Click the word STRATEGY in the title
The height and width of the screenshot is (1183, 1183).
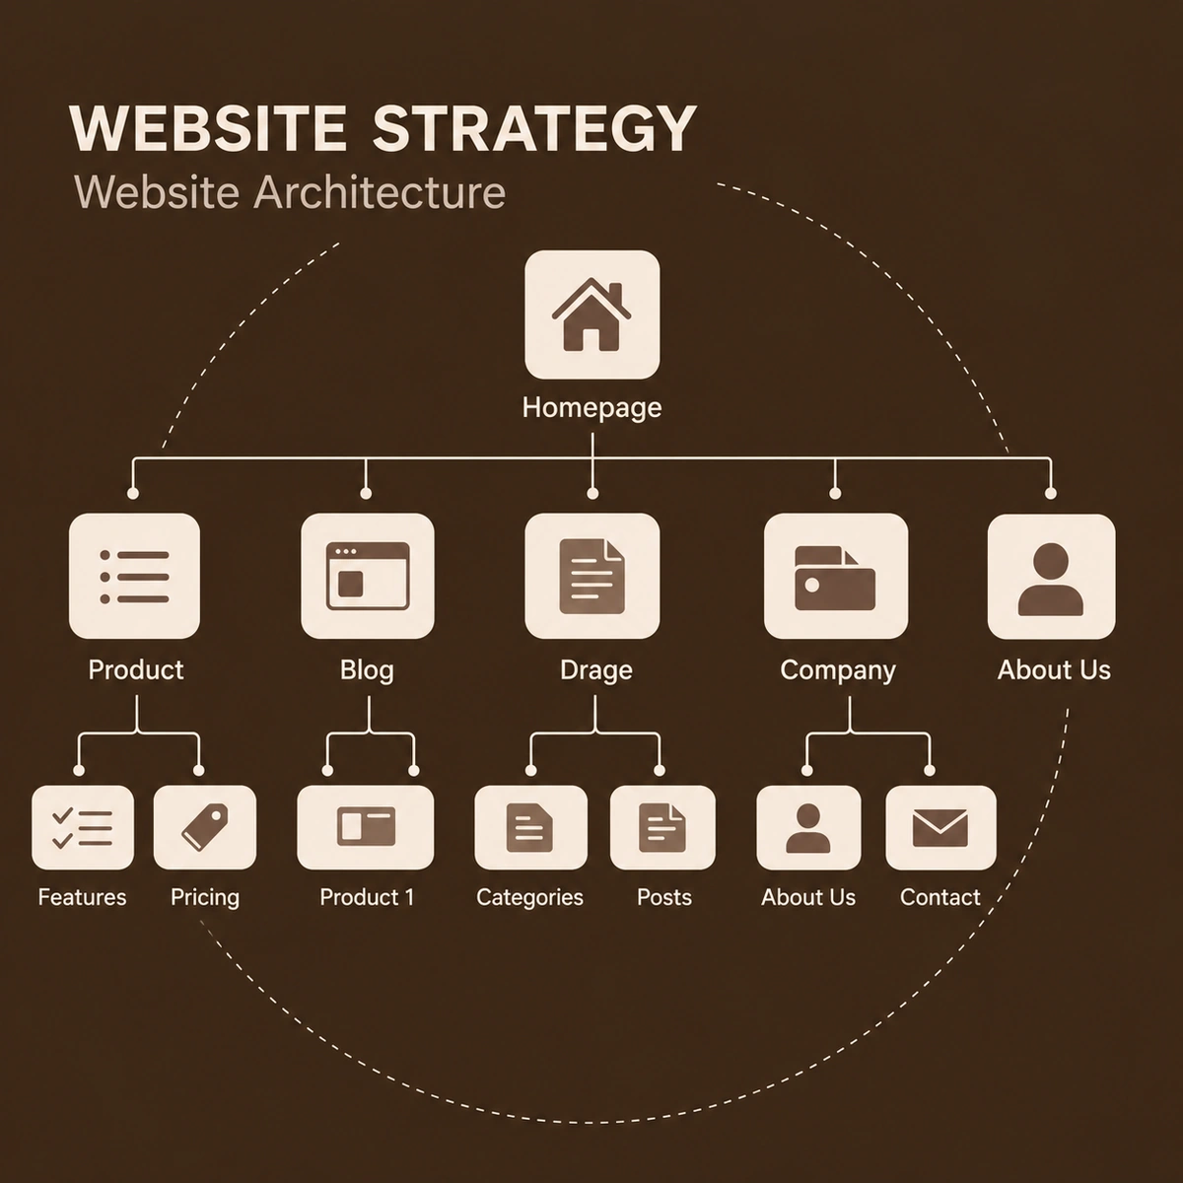click(x=534, y=129)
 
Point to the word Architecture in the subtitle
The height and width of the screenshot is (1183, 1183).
click(x=380, y=193)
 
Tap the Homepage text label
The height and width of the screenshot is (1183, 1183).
click(x=591, y=408)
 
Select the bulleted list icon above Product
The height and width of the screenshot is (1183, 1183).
click(x=134, y=577)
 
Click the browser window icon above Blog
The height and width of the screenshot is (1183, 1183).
click(x=368, y=577)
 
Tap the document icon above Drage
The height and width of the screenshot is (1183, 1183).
click(x=591, y=577)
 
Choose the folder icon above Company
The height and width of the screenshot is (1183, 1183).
click(x=835, y=578)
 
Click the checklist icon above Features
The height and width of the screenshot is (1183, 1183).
click(x=82, y=828)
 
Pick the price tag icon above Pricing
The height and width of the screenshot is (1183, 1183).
click(x=205, y=827)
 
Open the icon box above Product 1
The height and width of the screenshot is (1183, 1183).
click(x=366, y=827)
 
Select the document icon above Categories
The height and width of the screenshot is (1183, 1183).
click(x=529, y=827)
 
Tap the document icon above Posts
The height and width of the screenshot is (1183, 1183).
click(x=662, y=828)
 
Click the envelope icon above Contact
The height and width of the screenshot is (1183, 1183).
click(x=939, y=828)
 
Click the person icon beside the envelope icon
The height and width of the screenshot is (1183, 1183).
click(x=808, y=828)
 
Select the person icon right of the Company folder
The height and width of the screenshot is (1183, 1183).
click(x=1050, y=579)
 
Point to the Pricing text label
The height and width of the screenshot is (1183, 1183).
click(x=205, y=898)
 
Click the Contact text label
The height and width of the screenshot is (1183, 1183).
click(x=939, y=897)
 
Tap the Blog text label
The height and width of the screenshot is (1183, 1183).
click(x=367, y=670)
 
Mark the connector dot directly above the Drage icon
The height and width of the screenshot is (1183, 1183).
click(x=592, y=494)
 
